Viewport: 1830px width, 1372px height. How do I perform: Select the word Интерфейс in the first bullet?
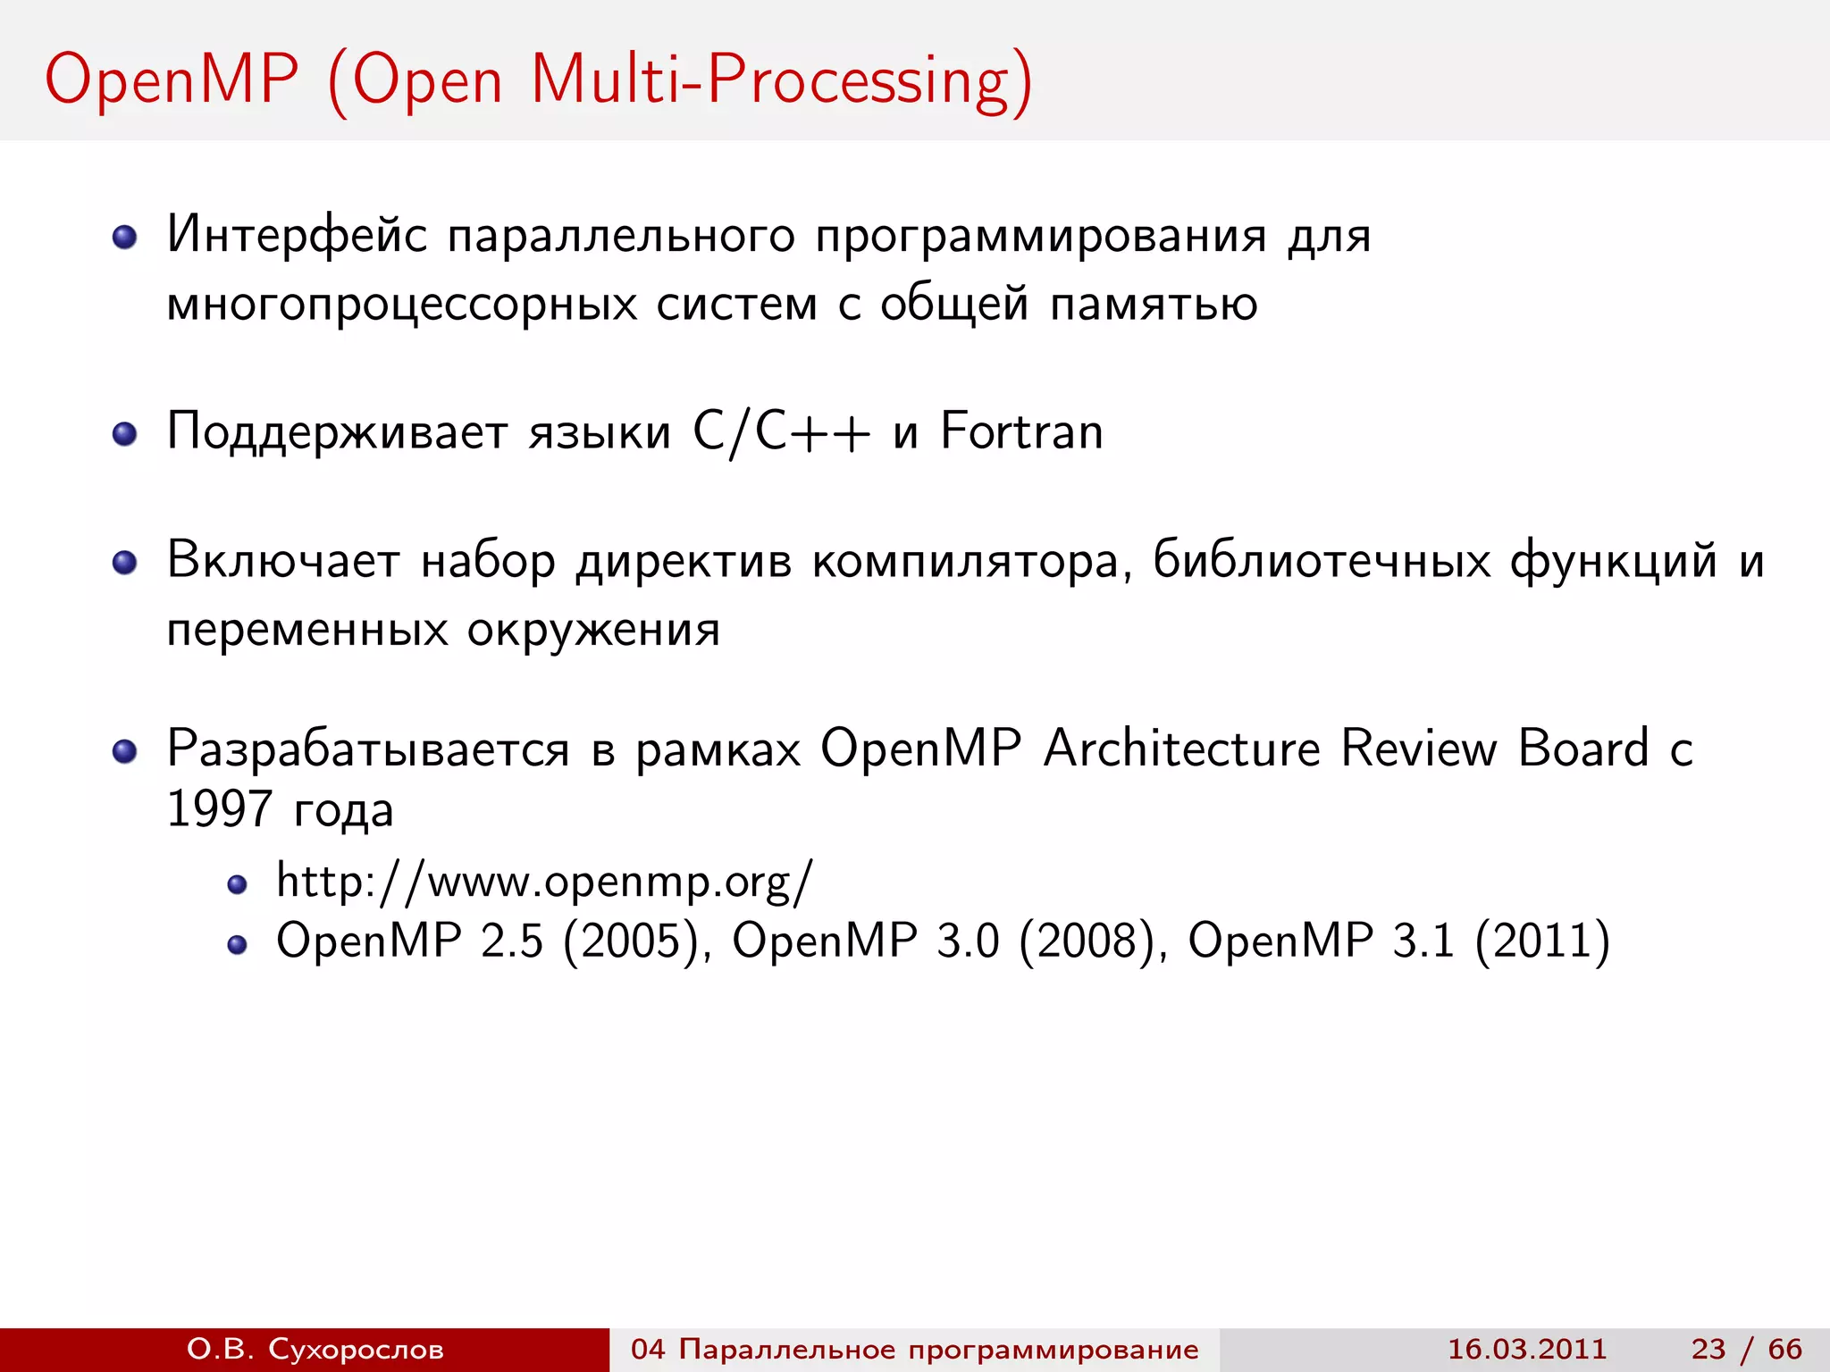tap(297, 236)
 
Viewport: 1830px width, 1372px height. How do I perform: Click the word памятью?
tap(1154, 305)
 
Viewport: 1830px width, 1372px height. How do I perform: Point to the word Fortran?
tap(1021, 432)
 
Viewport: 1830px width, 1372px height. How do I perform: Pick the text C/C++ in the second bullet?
tap(781, 433)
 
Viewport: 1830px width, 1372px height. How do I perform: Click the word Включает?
tap(282, 561)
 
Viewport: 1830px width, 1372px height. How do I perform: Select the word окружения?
tap(593, 631)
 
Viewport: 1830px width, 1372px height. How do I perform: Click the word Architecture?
tap(1181, 748)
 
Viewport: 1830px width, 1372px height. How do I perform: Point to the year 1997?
tap(219, 809)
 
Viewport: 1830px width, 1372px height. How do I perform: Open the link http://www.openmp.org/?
tap(544, 882)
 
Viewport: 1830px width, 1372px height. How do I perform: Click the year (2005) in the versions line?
tap(630, 941)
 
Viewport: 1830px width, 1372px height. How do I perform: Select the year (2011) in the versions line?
tap(1542, 941)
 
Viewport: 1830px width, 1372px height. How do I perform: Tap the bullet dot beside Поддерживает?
tap(124, 435)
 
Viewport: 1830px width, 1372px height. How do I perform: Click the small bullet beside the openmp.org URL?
tap(237, 885)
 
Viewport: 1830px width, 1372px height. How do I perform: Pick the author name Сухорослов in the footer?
tap(356, 1349)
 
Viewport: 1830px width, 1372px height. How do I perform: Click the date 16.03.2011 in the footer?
tap(1526, 1349)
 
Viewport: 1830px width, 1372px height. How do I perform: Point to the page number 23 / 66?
tap(1746, 1349)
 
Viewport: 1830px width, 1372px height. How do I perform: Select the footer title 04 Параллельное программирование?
tap(914, 1349)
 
